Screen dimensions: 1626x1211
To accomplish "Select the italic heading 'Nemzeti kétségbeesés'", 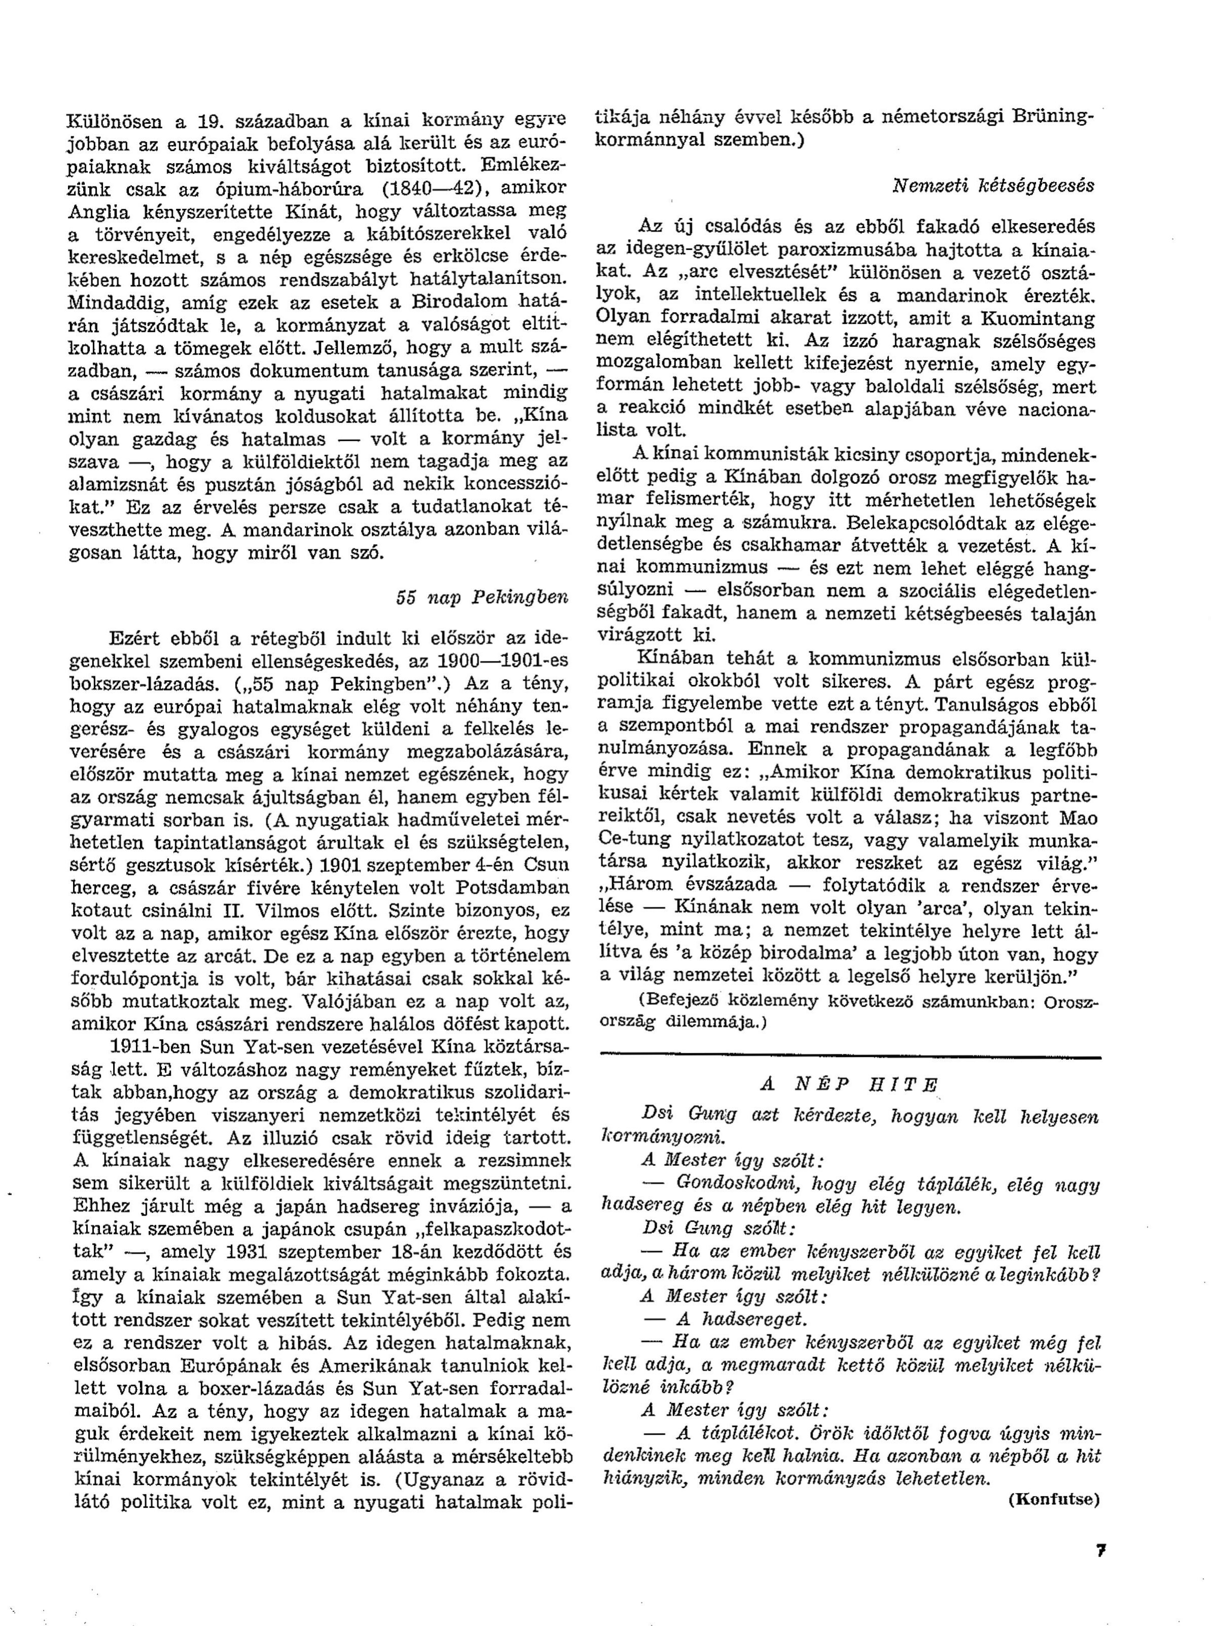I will click(x=992, y=186).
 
